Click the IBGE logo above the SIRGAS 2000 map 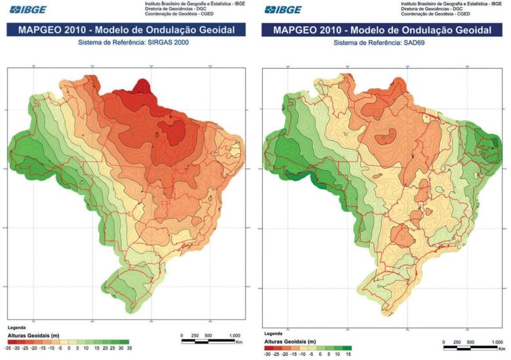(28, 9)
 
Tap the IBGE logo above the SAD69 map (284, 9)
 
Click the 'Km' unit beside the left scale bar (240, 341)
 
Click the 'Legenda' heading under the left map (17, 327)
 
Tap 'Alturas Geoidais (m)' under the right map (290, 342)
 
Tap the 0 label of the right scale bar (444, 342)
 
